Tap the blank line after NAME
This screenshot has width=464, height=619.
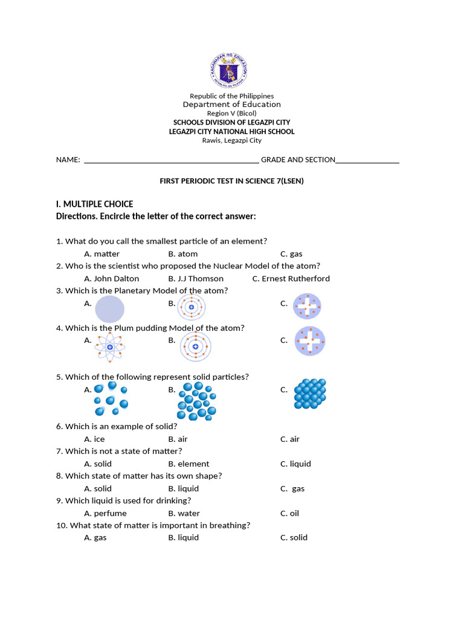(x=172, y=160)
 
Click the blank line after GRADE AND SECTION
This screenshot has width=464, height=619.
(x=367, y=160)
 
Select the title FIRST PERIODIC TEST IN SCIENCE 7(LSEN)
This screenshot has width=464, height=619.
(x=231, y=181)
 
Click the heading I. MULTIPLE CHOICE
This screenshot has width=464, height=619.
(x=94, y=204)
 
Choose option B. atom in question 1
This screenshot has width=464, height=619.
(x=183, y=254)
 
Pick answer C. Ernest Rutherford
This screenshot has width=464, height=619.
(x=291, y=279)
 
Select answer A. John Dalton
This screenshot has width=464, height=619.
(x=112, y=279)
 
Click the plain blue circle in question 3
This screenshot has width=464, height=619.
(x=109, y=309)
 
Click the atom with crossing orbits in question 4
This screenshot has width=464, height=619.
(x=110, y=347)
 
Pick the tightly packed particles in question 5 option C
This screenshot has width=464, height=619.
(x=309, y=395)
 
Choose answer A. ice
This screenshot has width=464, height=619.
(x=95, y=439)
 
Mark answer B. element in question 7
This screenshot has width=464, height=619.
(x=189, y=464)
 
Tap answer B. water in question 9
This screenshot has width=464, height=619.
(x=184, y=513)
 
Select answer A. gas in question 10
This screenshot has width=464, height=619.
(x=95, y=537)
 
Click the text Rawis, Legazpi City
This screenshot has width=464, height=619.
(x=231, y=140)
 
